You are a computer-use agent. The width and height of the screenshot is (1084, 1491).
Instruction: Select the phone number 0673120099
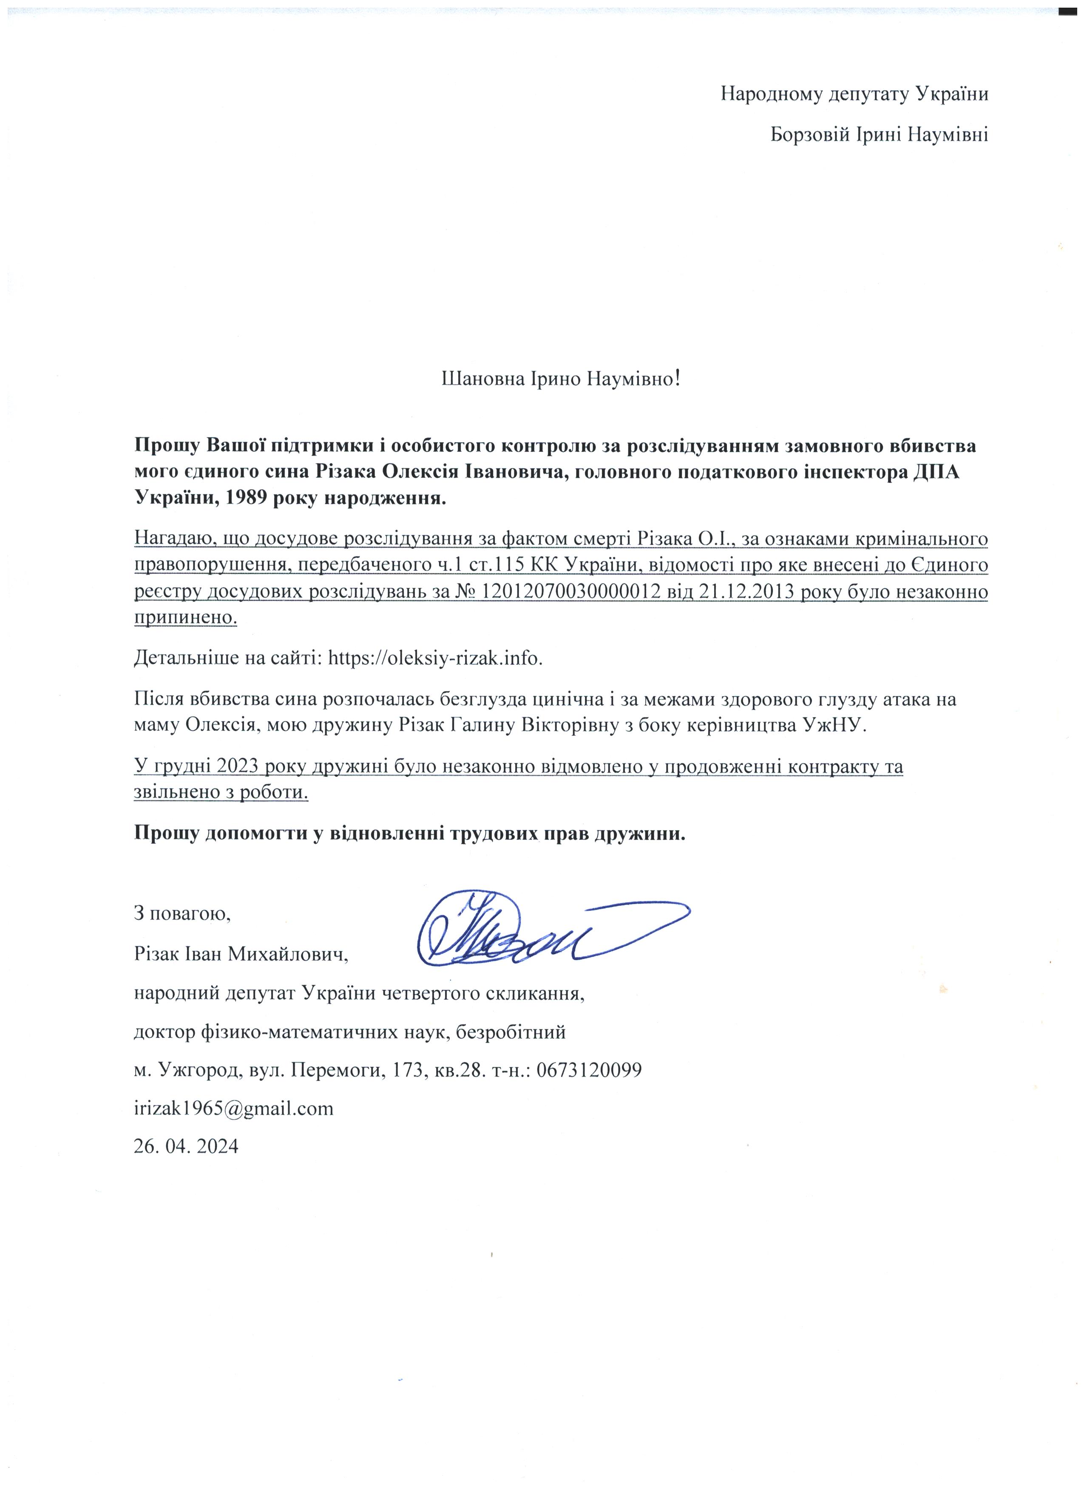[x=589, y=1070]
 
